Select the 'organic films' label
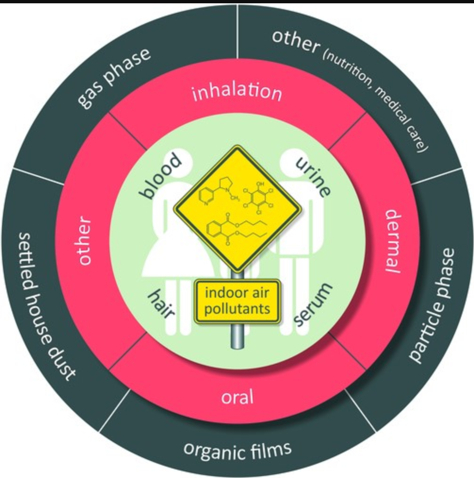click(237, 450)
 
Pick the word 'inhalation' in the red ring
click(237, 92)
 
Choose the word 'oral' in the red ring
click(237, 396)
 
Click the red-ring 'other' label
click(85, 241)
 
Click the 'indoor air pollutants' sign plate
click(237, 301)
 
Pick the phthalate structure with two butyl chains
click(236, 228)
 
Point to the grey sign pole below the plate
click(237, 335)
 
